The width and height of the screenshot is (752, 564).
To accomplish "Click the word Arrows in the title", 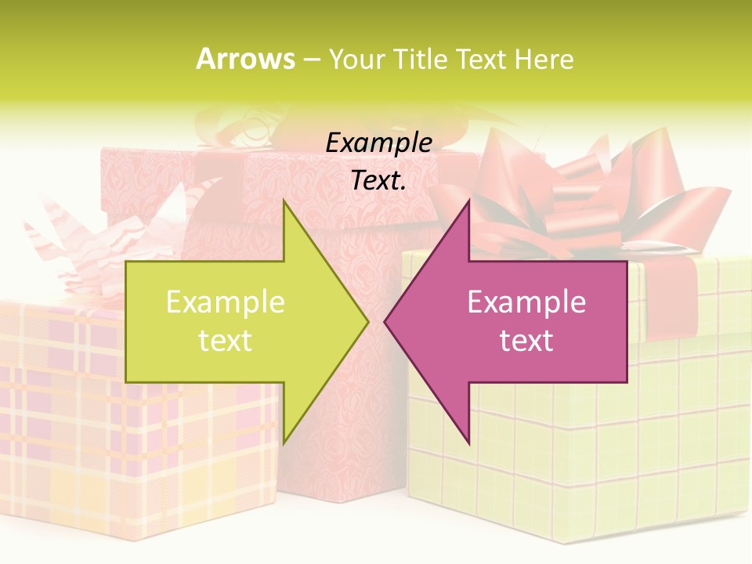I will pyautogui.click(x=245, y=59).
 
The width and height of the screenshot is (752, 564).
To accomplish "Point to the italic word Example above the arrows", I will pyautogui.click(x=379, y=143).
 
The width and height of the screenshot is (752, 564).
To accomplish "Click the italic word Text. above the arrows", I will pyautogui.click(x=379, y=180).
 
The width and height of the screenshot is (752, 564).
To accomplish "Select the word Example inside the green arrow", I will pyautogui.click(x=226, y=302).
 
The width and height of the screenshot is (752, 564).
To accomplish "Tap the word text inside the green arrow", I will pyautogui.click(x=226, y=341).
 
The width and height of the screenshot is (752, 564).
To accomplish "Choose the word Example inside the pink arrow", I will pyautogui.click(x=526, y=302).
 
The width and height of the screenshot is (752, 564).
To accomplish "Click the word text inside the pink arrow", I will pyautogui.click(x=526, y=341).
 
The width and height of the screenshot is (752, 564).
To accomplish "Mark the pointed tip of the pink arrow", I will pyautogui.click(x=386, y=321).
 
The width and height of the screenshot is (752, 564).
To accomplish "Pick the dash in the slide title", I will pyautogui.click(x=311, y=60).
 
